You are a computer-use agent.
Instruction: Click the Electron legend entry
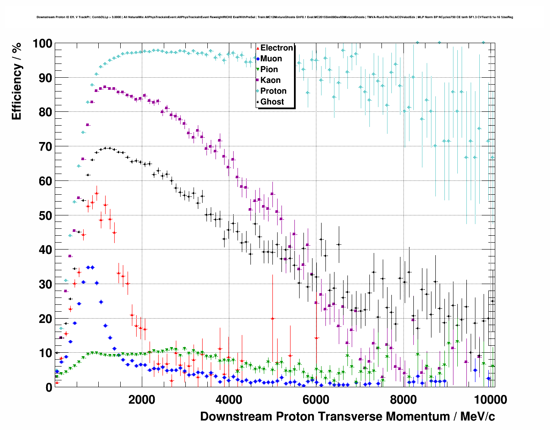pos(276,48)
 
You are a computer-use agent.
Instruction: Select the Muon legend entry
pos(271,59)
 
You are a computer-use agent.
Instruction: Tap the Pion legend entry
pos(269,70)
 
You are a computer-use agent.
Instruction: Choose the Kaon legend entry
pos(270,80)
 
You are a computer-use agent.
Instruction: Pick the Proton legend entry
pos(273,91)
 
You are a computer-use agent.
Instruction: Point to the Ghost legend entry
pos(272,102)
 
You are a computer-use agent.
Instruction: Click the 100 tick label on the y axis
pos(42,44)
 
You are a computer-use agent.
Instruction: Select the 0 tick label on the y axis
pos(49,387)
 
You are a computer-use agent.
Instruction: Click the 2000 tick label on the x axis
pos(142,399)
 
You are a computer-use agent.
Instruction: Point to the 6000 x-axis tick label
pos(316,399)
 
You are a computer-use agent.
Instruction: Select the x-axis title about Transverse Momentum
pos(347,417)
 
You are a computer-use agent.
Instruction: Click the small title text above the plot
pos(275,17)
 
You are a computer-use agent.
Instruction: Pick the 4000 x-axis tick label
pos(229,399)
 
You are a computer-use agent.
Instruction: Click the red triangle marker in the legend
pos(258,48)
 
